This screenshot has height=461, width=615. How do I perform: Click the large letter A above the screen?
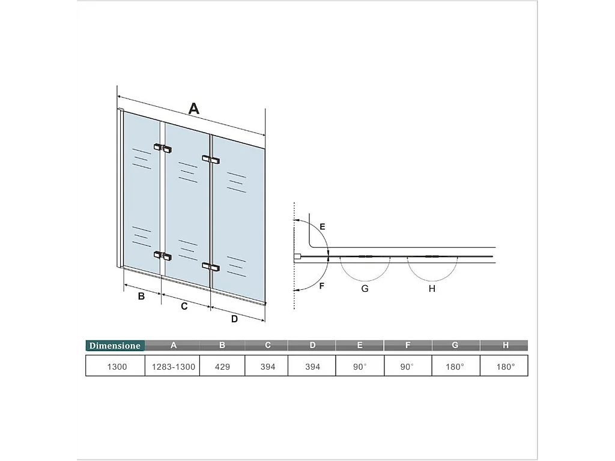click(193, 109)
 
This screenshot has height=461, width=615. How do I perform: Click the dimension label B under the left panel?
click(141, 296)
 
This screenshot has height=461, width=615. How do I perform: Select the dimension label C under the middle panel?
click(184, 306)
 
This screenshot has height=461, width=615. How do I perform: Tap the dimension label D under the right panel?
click(234, 319)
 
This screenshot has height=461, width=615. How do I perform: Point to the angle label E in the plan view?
click(322, 227)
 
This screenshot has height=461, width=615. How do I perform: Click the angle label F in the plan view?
click(322, 286)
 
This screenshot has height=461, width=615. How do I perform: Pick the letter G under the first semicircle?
click(365, 288)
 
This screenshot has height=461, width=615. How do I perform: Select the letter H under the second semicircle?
click(432, 288)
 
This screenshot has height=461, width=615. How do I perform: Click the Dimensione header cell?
click(115, 345)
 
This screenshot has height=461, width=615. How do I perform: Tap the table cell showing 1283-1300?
click(173, 366)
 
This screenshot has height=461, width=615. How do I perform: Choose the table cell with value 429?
click(222, 366)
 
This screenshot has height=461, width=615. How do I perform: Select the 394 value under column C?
click(268, 366)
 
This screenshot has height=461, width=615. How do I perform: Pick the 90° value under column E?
click(360, 366)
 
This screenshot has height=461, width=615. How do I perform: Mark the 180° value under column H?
click(505, 366)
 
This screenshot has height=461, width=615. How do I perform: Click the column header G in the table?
click(455, 345)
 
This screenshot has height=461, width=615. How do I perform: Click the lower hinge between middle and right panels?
click(210, 266)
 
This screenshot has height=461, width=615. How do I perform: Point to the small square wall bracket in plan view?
click(297, 257)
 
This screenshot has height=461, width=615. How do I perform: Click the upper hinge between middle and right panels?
click(210, 159)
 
